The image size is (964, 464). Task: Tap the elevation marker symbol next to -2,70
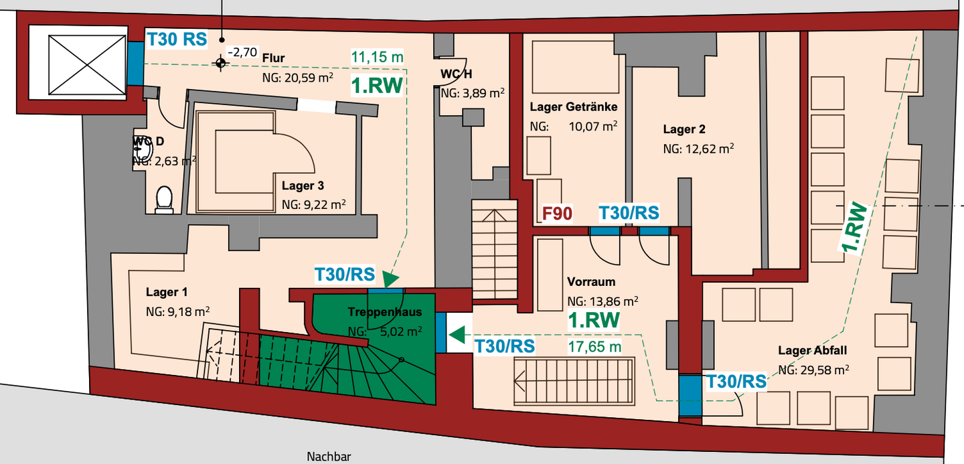click(220, 63)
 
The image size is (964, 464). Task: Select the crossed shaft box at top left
click(86, 62)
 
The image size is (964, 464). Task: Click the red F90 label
click(557, 214)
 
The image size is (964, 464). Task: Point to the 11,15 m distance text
click(378, 58)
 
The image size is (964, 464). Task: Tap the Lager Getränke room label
click(573, 107)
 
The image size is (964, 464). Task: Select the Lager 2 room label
click(684, 129)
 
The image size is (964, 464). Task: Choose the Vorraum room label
click(590, 282)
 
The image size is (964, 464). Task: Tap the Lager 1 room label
click(167, 292)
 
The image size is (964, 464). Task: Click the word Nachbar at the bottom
click(329, 457)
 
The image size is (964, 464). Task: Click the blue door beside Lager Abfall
click(689, 395)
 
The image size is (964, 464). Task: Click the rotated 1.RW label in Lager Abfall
click(855, 228)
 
